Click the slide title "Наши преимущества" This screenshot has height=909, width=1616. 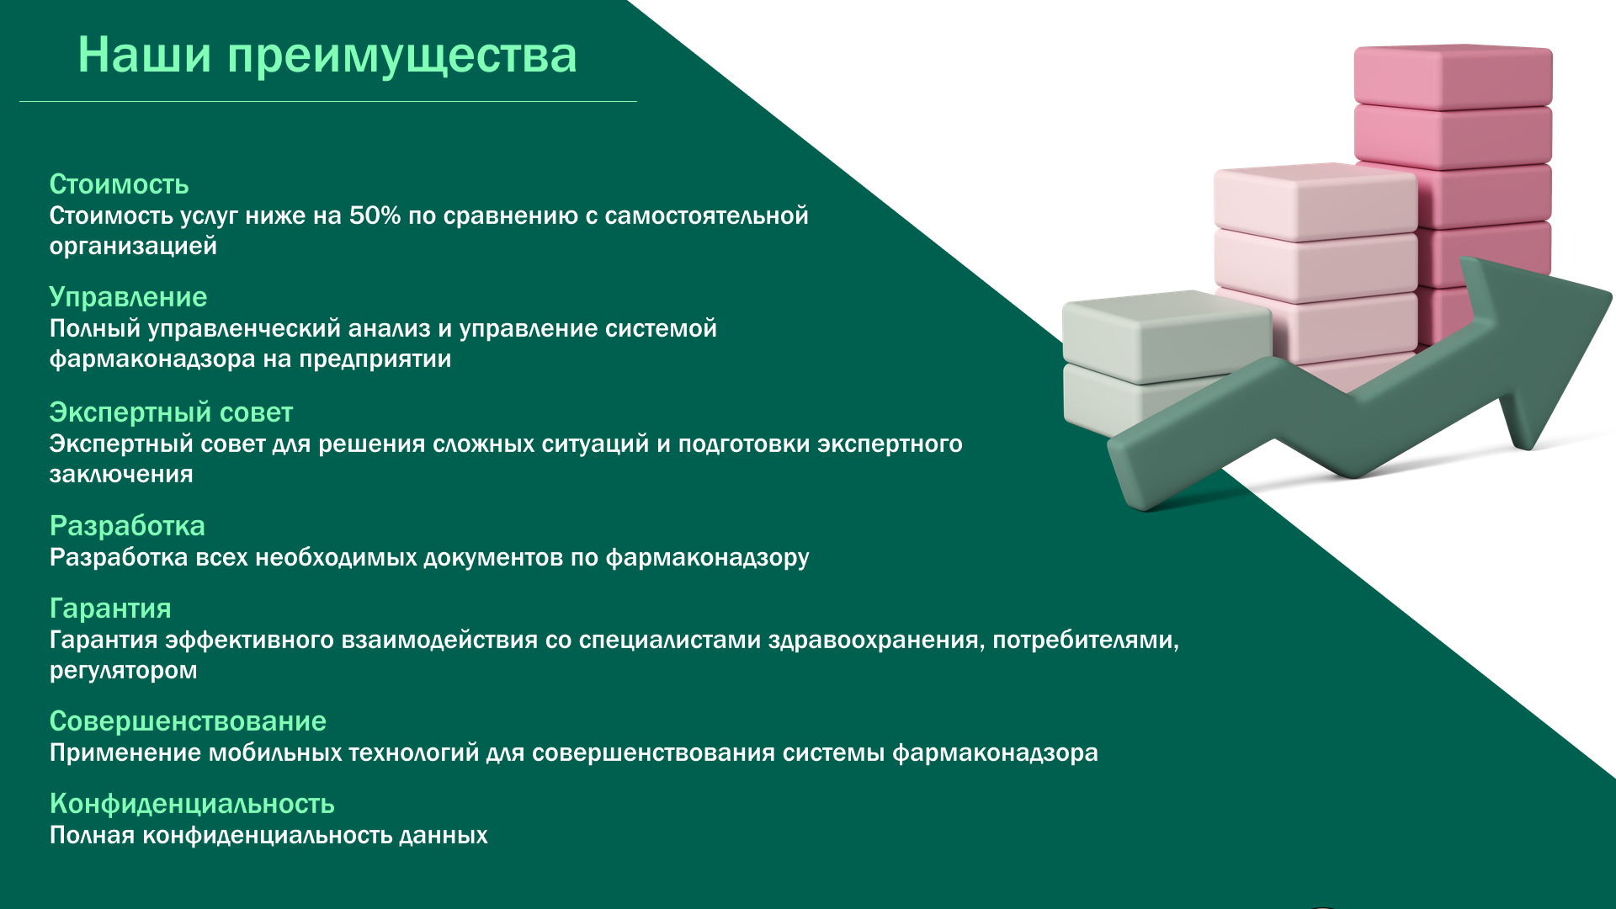click(327, 56)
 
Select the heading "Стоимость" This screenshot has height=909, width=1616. click(119, 184)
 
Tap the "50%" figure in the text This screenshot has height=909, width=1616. click(375, 215)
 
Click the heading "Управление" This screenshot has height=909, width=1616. click(128, 297)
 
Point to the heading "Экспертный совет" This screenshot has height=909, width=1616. click(171, 412)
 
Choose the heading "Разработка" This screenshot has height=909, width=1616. click(127, 526)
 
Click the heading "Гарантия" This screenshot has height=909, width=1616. click(110, 609)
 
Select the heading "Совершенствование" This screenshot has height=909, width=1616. click(188, 721)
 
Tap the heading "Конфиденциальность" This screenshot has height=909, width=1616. click(192, 804)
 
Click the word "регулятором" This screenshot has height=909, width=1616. click(123, 671)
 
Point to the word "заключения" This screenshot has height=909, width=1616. click(121, 475)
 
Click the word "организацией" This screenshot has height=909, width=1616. click(133, 247)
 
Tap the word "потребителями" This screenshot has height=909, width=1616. click(1086, 641)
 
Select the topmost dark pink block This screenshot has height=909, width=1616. click(1454, 77)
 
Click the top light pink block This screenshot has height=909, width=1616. click(1316, 202)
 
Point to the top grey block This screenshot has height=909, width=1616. click(1167, 337)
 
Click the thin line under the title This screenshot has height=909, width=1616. click(328, 101)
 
